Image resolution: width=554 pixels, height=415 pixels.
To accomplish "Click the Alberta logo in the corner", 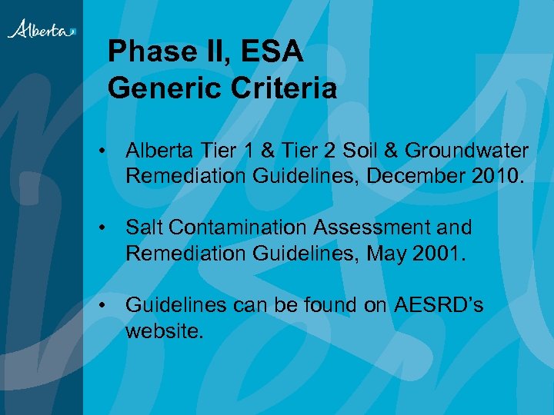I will [x=42, y=30].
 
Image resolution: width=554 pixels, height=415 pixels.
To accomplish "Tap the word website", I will [x=163, y=330].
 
